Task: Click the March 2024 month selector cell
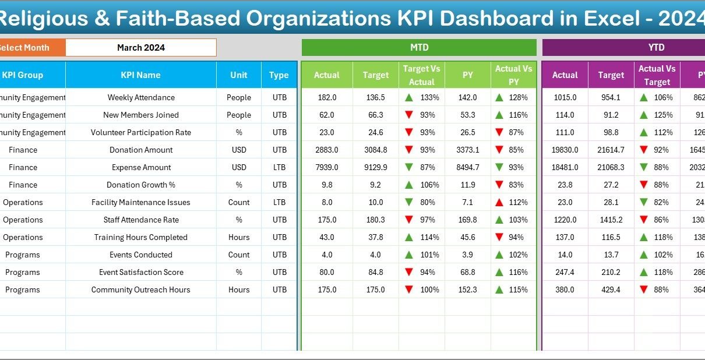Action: click(x=141, y=48)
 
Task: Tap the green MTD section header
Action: click(x=419, y=48)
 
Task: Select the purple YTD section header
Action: click(x=623, y=48)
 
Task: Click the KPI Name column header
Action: click(x=140, y=75)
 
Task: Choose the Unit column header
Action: click(x=239, y=75)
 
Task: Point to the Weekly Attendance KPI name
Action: click(x=141, y=97)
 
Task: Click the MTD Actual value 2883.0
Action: click(x=327, y=150)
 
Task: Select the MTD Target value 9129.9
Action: click(x=376, y=167)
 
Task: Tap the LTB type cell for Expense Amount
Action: click(x=279, y=167)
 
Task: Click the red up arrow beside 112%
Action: click(x=499, y=202)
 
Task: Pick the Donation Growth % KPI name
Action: click(x=141, y=185)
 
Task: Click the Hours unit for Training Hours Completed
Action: click(x=239, y=237)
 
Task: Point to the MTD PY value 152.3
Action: click(x=467, y=290)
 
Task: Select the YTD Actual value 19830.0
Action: click(x=565, y=150)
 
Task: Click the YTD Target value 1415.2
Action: click(x=611, y=220)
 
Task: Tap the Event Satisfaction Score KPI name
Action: click(x=141, y=272)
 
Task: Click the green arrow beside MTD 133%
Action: click(x=410, y=97)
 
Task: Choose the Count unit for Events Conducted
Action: click(x=239, y=255)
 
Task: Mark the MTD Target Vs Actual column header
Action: click(x=422, y=75)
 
